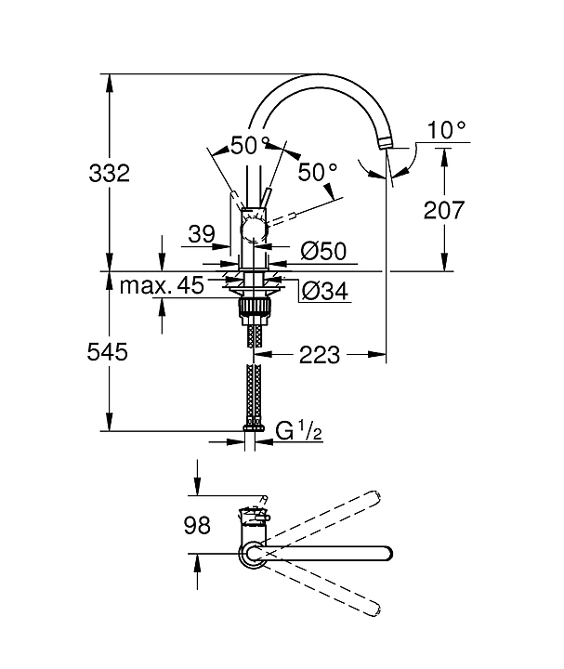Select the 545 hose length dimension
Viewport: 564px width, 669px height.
click(108, 352)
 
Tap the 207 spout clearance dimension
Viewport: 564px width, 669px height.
click(443, 210)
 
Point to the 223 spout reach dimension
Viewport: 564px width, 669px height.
click(321, 354)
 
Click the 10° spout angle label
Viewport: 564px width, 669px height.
click(446, 130)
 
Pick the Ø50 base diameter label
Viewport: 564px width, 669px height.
click(324, 250)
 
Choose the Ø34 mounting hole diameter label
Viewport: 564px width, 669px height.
click(325, 291)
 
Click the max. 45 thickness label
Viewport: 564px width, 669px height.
click(162, 285)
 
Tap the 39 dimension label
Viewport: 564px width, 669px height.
click(202, 236)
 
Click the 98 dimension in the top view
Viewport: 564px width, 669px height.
click(196, 526)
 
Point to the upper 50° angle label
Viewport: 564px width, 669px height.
click(250, 146)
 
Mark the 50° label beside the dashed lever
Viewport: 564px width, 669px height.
click(318, 173)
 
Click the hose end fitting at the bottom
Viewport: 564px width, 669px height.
click(252, 428)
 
